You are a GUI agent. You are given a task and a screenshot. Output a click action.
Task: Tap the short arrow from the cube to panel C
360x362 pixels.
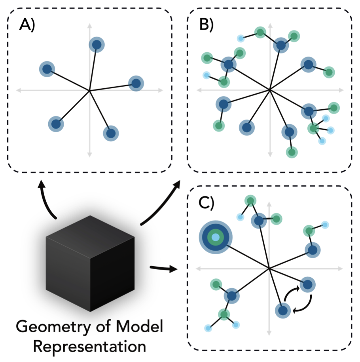(x=163, y=270)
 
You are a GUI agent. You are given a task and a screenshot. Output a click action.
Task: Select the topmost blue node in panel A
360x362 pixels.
(x=96, y=45)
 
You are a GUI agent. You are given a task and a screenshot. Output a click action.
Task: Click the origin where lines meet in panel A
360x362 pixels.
(x=90, y=91)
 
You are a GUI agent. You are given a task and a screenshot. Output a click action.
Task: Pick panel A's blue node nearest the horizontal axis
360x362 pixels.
(x=136, y=84)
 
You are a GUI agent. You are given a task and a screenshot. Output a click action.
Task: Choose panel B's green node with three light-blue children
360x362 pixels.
(x=314, y=128)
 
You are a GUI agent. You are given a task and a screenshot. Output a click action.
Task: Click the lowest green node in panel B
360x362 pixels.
(x=292, y=151)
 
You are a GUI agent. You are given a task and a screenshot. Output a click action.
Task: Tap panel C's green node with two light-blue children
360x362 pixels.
(x=224, y=315)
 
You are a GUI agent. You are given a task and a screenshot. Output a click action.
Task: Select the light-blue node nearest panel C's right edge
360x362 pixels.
(x=325, y=225)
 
